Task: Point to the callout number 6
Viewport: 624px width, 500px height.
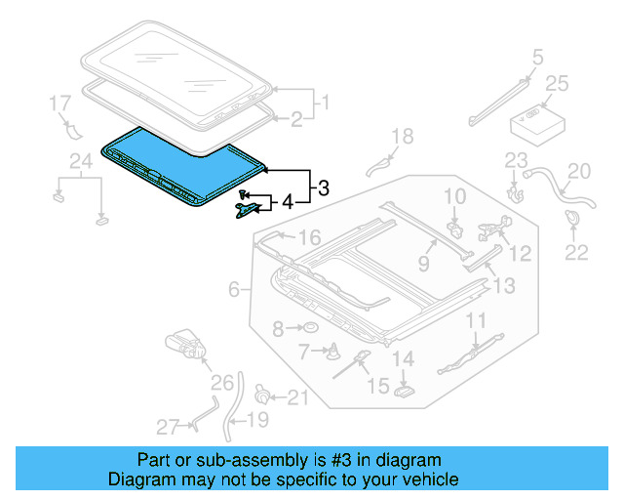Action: pos(234,289)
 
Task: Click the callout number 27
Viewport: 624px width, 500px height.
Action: pos(168,426)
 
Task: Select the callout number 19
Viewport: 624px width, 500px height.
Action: pos(256,421)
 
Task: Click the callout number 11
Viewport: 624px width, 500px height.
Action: pos(475,320)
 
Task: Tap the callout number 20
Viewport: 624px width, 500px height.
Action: pos(579,172)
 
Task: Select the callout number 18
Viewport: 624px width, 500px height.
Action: pos(403,136)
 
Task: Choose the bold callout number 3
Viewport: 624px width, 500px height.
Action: pos(324,186)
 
